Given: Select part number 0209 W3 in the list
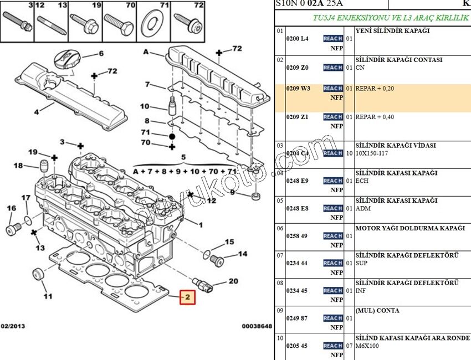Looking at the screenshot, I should click(x=298, y=88).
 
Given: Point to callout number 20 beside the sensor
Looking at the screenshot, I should click(x=233, y=281).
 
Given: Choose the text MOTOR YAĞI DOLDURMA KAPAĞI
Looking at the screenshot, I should click(x=409, y=228).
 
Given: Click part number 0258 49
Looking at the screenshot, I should click(x=296, y=236).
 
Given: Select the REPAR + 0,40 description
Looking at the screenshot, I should click(x=375, y=117).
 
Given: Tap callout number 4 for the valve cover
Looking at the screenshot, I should click(x=37, y=112).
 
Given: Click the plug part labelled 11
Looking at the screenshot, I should click(x=39, y=274).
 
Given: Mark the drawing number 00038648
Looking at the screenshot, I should click(x=257, y=326).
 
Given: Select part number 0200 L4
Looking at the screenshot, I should click(x=297, y=39).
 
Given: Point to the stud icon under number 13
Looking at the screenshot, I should click(x=51, y=24).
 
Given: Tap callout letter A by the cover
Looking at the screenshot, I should click(x=146, y=53).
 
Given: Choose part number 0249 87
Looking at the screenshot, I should click(x=296, y=318).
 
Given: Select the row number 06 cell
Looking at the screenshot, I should click(x=280, y=228).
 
